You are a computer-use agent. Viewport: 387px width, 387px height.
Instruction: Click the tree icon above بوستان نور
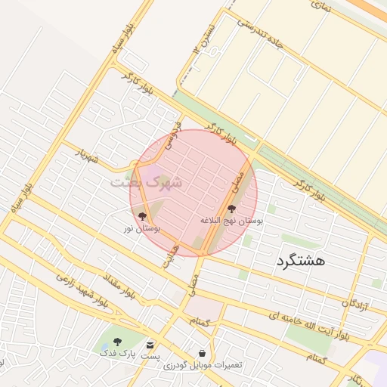coord(143,217)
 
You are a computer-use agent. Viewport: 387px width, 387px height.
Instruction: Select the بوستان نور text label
coord(143,228)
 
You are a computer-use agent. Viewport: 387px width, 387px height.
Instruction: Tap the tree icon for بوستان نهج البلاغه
coord(231,209)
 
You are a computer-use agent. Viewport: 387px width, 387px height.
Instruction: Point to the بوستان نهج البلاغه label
coord(231,220)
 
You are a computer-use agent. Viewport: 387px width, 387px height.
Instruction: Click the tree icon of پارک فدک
coord(116,342)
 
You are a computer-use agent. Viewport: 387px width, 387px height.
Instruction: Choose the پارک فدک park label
coord(116,353)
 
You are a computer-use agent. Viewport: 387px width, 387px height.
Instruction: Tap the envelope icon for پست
coord(152,345)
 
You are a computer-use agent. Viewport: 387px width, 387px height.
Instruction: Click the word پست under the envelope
coord(152,355)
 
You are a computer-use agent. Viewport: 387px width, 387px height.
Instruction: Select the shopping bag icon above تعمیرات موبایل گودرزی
coord(203,353)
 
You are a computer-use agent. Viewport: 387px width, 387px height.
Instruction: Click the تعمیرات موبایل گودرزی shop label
coord(203,365)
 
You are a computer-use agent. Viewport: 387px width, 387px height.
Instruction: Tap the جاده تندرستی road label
coord(260,33)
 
